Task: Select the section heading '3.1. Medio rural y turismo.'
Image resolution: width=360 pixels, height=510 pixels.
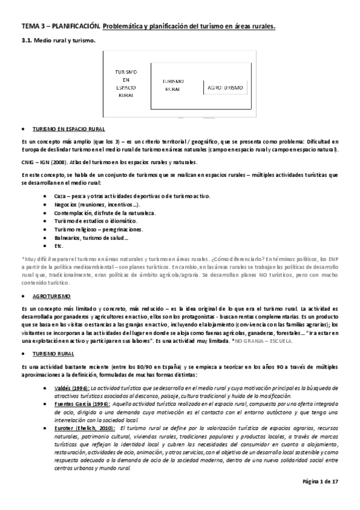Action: point(55,40)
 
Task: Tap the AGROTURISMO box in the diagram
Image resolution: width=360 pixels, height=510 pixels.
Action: point(225,88)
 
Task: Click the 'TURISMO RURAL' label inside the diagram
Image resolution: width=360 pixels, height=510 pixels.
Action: point(173,85)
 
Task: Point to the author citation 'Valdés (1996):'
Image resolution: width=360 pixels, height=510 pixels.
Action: point(70,389)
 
